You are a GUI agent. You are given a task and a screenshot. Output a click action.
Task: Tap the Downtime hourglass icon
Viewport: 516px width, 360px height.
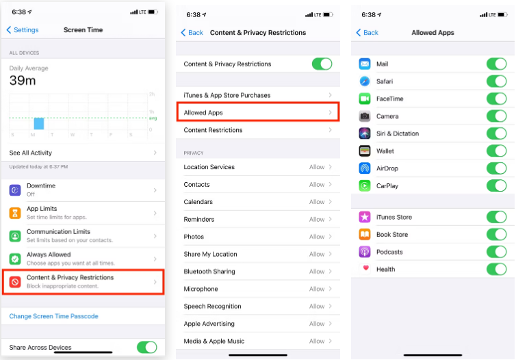[15, 190]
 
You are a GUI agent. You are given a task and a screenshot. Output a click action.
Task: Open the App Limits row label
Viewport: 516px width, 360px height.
[42, 209]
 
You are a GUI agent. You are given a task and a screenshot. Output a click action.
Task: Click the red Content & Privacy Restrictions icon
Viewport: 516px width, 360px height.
[15, 281]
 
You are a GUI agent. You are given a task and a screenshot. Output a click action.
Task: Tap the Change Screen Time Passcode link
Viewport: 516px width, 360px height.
[54, 316]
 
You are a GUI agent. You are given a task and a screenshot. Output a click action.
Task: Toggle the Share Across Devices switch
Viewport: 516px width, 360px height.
[146, 347]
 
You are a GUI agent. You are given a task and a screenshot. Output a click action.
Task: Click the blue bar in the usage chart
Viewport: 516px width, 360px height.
[39, 123]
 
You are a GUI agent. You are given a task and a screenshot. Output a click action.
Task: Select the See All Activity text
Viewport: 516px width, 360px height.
[31, 153]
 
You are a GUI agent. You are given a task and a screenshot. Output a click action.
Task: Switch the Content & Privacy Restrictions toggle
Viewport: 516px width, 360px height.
[322, 64]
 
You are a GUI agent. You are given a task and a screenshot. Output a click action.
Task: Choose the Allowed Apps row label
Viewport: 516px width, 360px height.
[203, 112]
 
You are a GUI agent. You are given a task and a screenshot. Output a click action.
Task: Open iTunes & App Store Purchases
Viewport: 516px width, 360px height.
[227, 95]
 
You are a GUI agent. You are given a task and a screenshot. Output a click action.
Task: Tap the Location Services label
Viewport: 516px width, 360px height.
[209, 167]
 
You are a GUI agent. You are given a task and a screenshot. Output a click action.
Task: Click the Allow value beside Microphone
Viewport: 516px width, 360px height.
[317, 289]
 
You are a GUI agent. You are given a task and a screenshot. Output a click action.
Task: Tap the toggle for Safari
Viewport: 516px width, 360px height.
[496, 81]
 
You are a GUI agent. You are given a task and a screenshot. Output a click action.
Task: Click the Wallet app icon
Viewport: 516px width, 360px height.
[365, 151]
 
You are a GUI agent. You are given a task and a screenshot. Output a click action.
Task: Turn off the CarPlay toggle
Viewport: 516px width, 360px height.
[496, 185]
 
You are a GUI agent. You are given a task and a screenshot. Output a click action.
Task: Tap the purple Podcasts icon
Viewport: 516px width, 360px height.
[365, 252]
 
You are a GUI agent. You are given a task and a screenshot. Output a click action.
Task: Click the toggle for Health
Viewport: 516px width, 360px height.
[496, 269]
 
